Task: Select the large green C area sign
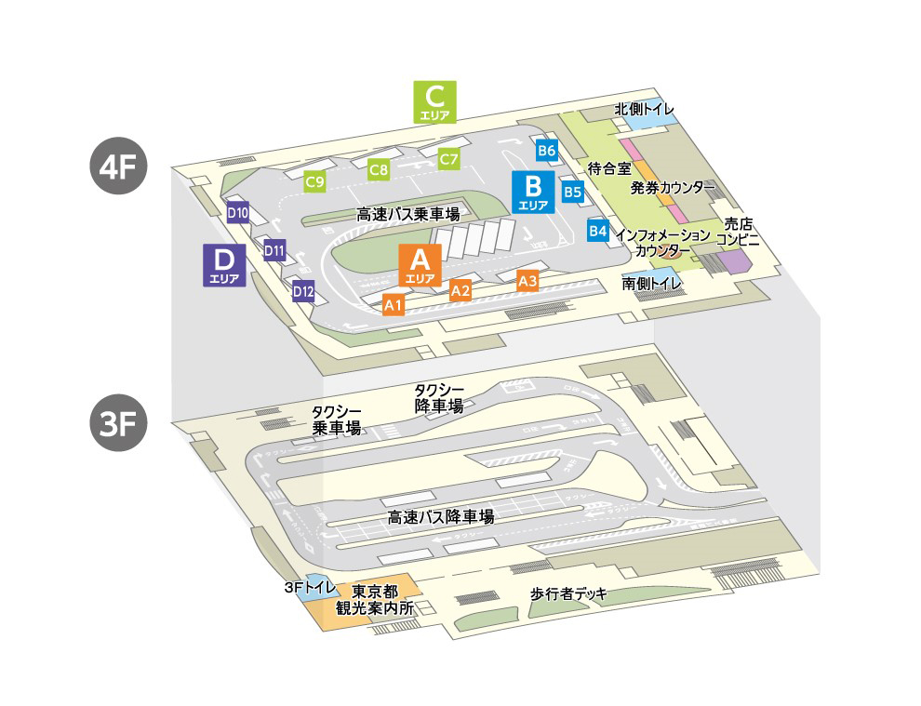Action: pos(435,101)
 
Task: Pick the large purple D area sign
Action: pos(224,264)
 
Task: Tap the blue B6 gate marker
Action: pos(546,150)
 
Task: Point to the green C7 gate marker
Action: pos(449,159)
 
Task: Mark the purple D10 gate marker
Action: pos(237,213)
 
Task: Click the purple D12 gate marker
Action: pos(303,292)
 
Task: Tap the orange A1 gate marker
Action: pos(393,304)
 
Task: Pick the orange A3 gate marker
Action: pos(527,280)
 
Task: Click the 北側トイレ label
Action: pos(644,110)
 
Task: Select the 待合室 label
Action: pos(609,169)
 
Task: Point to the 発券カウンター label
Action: pos(672,188)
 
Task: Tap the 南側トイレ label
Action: pos(652,282)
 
